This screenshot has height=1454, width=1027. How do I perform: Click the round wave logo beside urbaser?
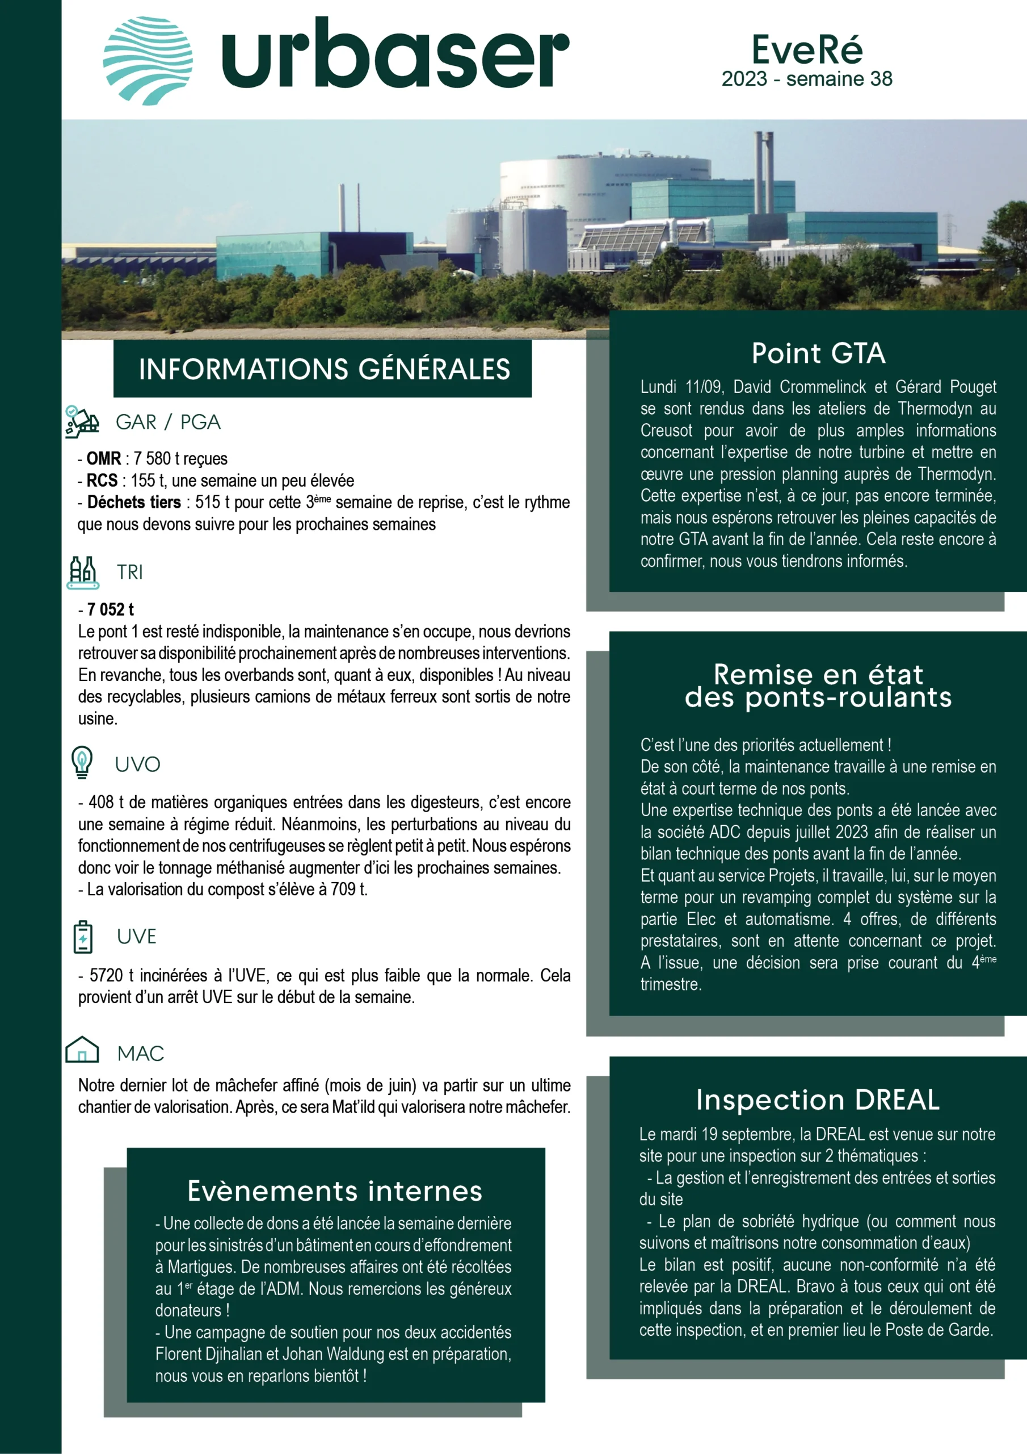click(x=148, y=61)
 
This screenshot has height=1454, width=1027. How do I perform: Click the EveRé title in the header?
click(x=807, y=49)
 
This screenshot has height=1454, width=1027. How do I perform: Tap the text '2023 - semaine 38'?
click(x=807, y=79)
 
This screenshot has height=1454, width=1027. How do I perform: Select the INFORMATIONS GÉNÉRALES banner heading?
click(x=324, y=369)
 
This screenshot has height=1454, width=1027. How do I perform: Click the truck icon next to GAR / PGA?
click(x=82, y=422)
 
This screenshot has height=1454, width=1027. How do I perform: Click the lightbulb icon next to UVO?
click(x=82, y=762)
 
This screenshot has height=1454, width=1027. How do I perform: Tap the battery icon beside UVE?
click(x=83, y=937)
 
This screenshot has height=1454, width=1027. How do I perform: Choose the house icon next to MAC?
click(x=82, y=1050)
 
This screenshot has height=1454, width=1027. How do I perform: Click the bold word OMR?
click(x=104, y=458)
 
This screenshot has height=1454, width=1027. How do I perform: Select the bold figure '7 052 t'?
click(x=110, y=609)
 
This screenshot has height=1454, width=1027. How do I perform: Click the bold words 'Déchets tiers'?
click(x=134, y=503)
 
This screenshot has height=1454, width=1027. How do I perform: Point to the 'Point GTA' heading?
click(x=818, y=353)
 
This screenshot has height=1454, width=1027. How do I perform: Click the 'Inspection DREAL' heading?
click(x=818, y=1100)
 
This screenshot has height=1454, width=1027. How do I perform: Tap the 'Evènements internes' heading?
click(x=335, y=1191)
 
